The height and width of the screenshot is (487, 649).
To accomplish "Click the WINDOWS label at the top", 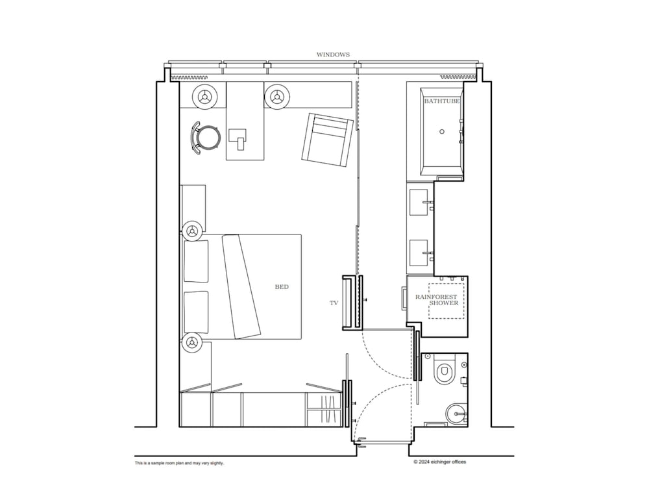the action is tap(333, 55).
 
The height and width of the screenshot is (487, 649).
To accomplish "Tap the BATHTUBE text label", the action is tap(441, 101).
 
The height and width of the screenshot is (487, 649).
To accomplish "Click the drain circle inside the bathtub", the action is tap(441, 131).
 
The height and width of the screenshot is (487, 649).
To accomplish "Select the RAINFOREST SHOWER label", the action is tap(437, 300).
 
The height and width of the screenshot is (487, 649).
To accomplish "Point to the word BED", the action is tap(282, 286).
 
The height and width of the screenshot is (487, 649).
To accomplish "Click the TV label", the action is tap(334, 303).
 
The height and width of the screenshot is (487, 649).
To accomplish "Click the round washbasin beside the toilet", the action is tap(456, 413).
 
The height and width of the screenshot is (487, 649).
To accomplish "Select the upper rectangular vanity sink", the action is tap(419, 202).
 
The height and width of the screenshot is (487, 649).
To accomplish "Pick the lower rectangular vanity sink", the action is tap(419, 253).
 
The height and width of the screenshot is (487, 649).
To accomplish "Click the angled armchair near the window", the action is tap(328, 140).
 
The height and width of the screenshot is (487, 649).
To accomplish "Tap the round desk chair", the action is tap(204, 137).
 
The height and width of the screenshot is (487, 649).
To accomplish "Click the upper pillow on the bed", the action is tap(196, 261).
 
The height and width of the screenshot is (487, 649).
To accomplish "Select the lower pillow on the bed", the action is tap(196, 312).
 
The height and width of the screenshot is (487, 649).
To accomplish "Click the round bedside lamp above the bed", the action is tap(191, 231).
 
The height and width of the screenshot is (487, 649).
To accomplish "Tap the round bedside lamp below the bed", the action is tap(191, 342).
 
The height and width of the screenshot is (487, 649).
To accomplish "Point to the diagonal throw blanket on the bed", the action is tap(241, 287).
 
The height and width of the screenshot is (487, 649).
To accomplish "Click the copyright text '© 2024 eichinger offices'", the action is tap(439, 462).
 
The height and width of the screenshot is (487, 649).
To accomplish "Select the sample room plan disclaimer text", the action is tap(179, 463).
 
